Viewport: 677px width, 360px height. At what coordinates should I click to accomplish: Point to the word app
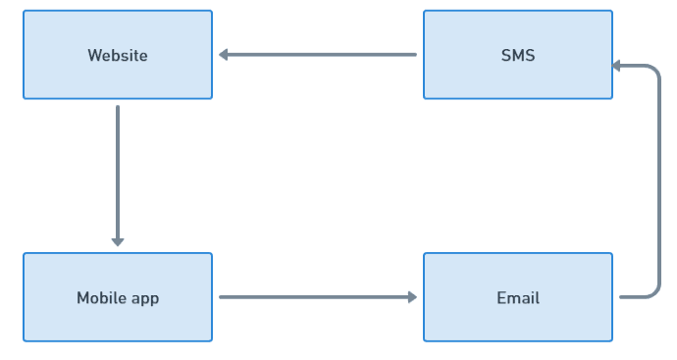pyautogui.click(x=143, y=298)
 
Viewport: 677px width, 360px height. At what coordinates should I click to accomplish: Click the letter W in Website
pyautogui.click(x=93, y=56)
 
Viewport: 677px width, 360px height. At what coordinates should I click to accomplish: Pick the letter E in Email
pyautogui.click(x=500, y=298)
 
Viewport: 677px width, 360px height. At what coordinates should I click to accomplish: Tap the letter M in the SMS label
pyautogui.click(x=518, y=56)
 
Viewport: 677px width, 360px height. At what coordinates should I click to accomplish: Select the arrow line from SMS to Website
pyautogui.click(x=324, y=55)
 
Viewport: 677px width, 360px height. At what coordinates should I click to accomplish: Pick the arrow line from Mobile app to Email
pyautogui.click(x=314, y=296)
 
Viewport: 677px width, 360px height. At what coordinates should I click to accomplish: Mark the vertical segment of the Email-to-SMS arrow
pyautogui.click(x=659, y=181)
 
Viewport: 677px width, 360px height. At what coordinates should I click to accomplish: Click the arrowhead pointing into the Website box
pyautogui.click(x=224, y=55)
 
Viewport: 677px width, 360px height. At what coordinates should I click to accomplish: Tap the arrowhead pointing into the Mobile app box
pyautogui.click(x=118, y=241)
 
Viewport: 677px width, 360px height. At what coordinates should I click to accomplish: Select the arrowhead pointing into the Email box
pyautogui.click(x=412, y=296)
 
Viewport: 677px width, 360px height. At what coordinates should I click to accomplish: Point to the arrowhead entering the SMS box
pyautogui.click(x=618, y=66)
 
